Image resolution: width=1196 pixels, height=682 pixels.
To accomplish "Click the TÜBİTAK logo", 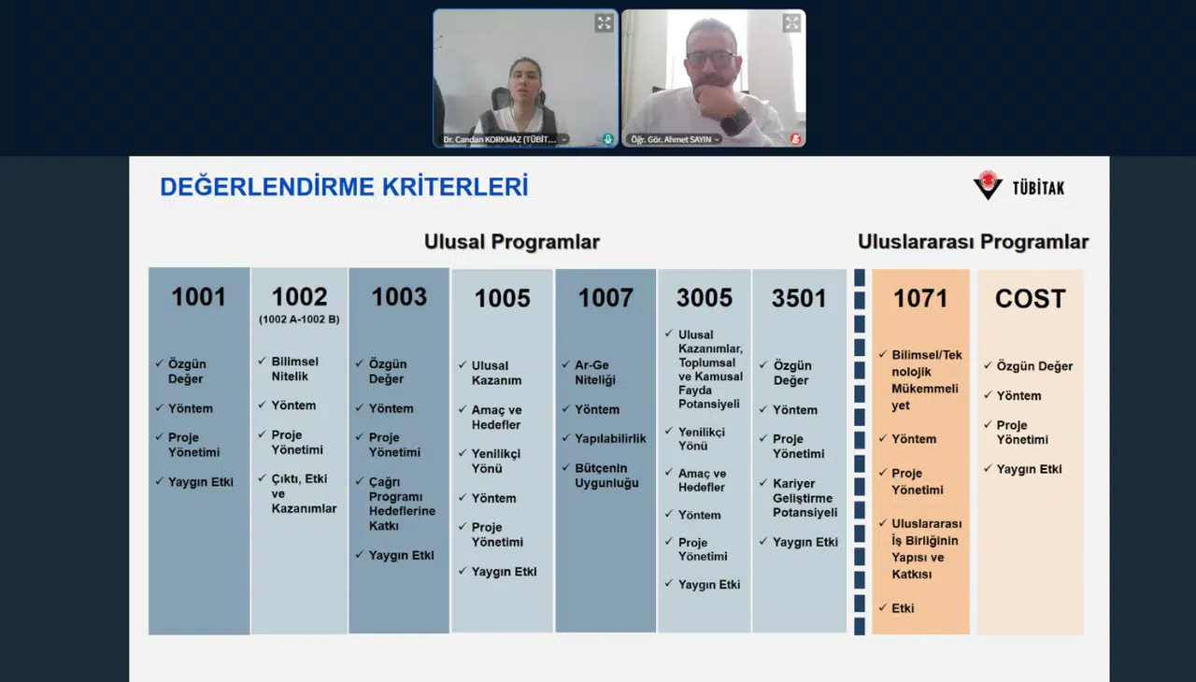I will coord(1018,186).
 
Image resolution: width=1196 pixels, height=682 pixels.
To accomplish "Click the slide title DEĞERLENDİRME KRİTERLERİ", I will coord(344,187).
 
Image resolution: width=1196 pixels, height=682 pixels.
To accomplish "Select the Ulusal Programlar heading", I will coord(511,242).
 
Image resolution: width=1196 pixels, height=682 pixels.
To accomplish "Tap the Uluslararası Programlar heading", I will coord(973,242).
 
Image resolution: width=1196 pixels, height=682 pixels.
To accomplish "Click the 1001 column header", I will coord(198,297).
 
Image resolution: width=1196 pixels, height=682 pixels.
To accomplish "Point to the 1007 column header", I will coord(605,298).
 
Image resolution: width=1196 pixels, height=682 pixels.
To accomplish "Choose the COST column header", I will coord(1030,299).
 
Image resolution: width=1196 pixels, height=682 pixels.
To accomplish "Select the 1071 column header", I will coord(920,299).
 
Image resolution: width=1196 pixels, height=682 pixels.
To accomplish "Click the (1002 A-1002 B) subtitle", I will coord(299,320).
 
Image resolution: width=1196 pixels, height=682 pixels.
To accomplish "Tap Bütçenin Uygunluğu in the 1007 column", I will coord(606,476).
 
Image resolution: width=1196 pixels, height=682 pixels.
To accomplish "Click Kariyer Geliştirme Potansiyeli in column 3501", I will coord(804,498).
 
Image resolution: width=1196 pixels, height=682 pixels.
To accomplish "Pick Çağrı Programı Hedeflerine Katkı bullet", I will coord(395,504).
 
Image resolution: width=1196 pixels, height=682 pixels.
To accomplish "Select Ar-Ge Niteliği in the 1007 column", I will coord(594,373).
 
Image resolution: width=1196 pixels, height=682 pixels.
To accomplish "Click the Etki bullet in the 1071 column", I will coord(903,608).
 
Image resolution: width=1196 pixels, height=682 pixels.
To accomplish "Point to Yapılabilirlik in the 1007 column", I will coord(610,438).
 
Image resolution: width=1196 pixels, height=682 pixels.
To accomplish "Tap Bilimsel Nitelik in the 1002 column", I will coord(294,369).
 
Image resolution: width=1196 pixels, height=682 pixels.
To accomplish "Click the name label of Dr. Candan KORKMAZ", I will coord(500,139).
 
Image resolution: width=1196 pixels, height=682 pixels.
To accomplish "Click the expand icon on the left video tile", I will coord(605,23).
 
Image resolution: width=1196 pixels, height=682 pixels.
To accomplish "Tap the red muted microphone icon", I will coord(795,139).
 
